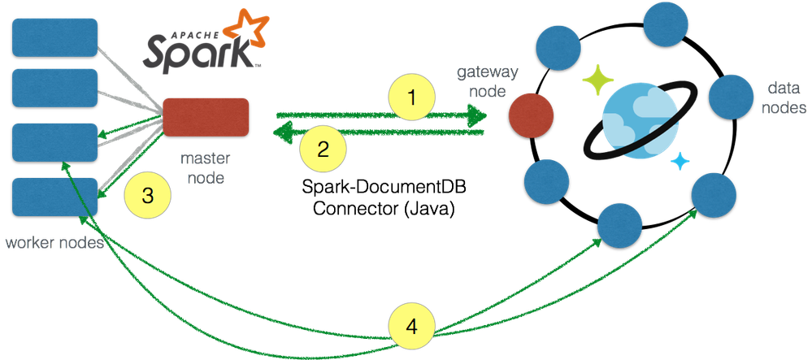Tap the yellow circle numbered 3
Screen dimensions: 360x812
pyautogui.click(x=147, y=195)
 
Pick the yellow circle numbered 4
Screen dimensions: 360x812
pyautogui.click(x=412, y=327)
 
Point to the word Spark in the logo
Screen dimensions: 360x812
pyautogui.click(x=198, y=54)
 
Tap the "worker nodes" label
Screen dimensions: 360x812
pyautogui.click(x=54, y=243)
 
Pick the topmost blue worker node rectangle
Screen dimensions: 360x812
pyautogui.click(x=55, y=37)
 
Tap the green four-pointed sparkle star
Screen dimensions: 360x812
pyautogui.click(x=600, y=79)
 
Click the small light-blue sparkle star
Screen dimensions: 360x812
pyautogui.click(x=678, y=162)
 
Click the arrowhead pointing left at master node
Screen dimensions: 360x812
pyautogui.click(x=276, y=132)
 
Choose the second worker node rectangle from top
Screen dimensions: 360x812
pyautogui.click(x=55, y=88)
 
